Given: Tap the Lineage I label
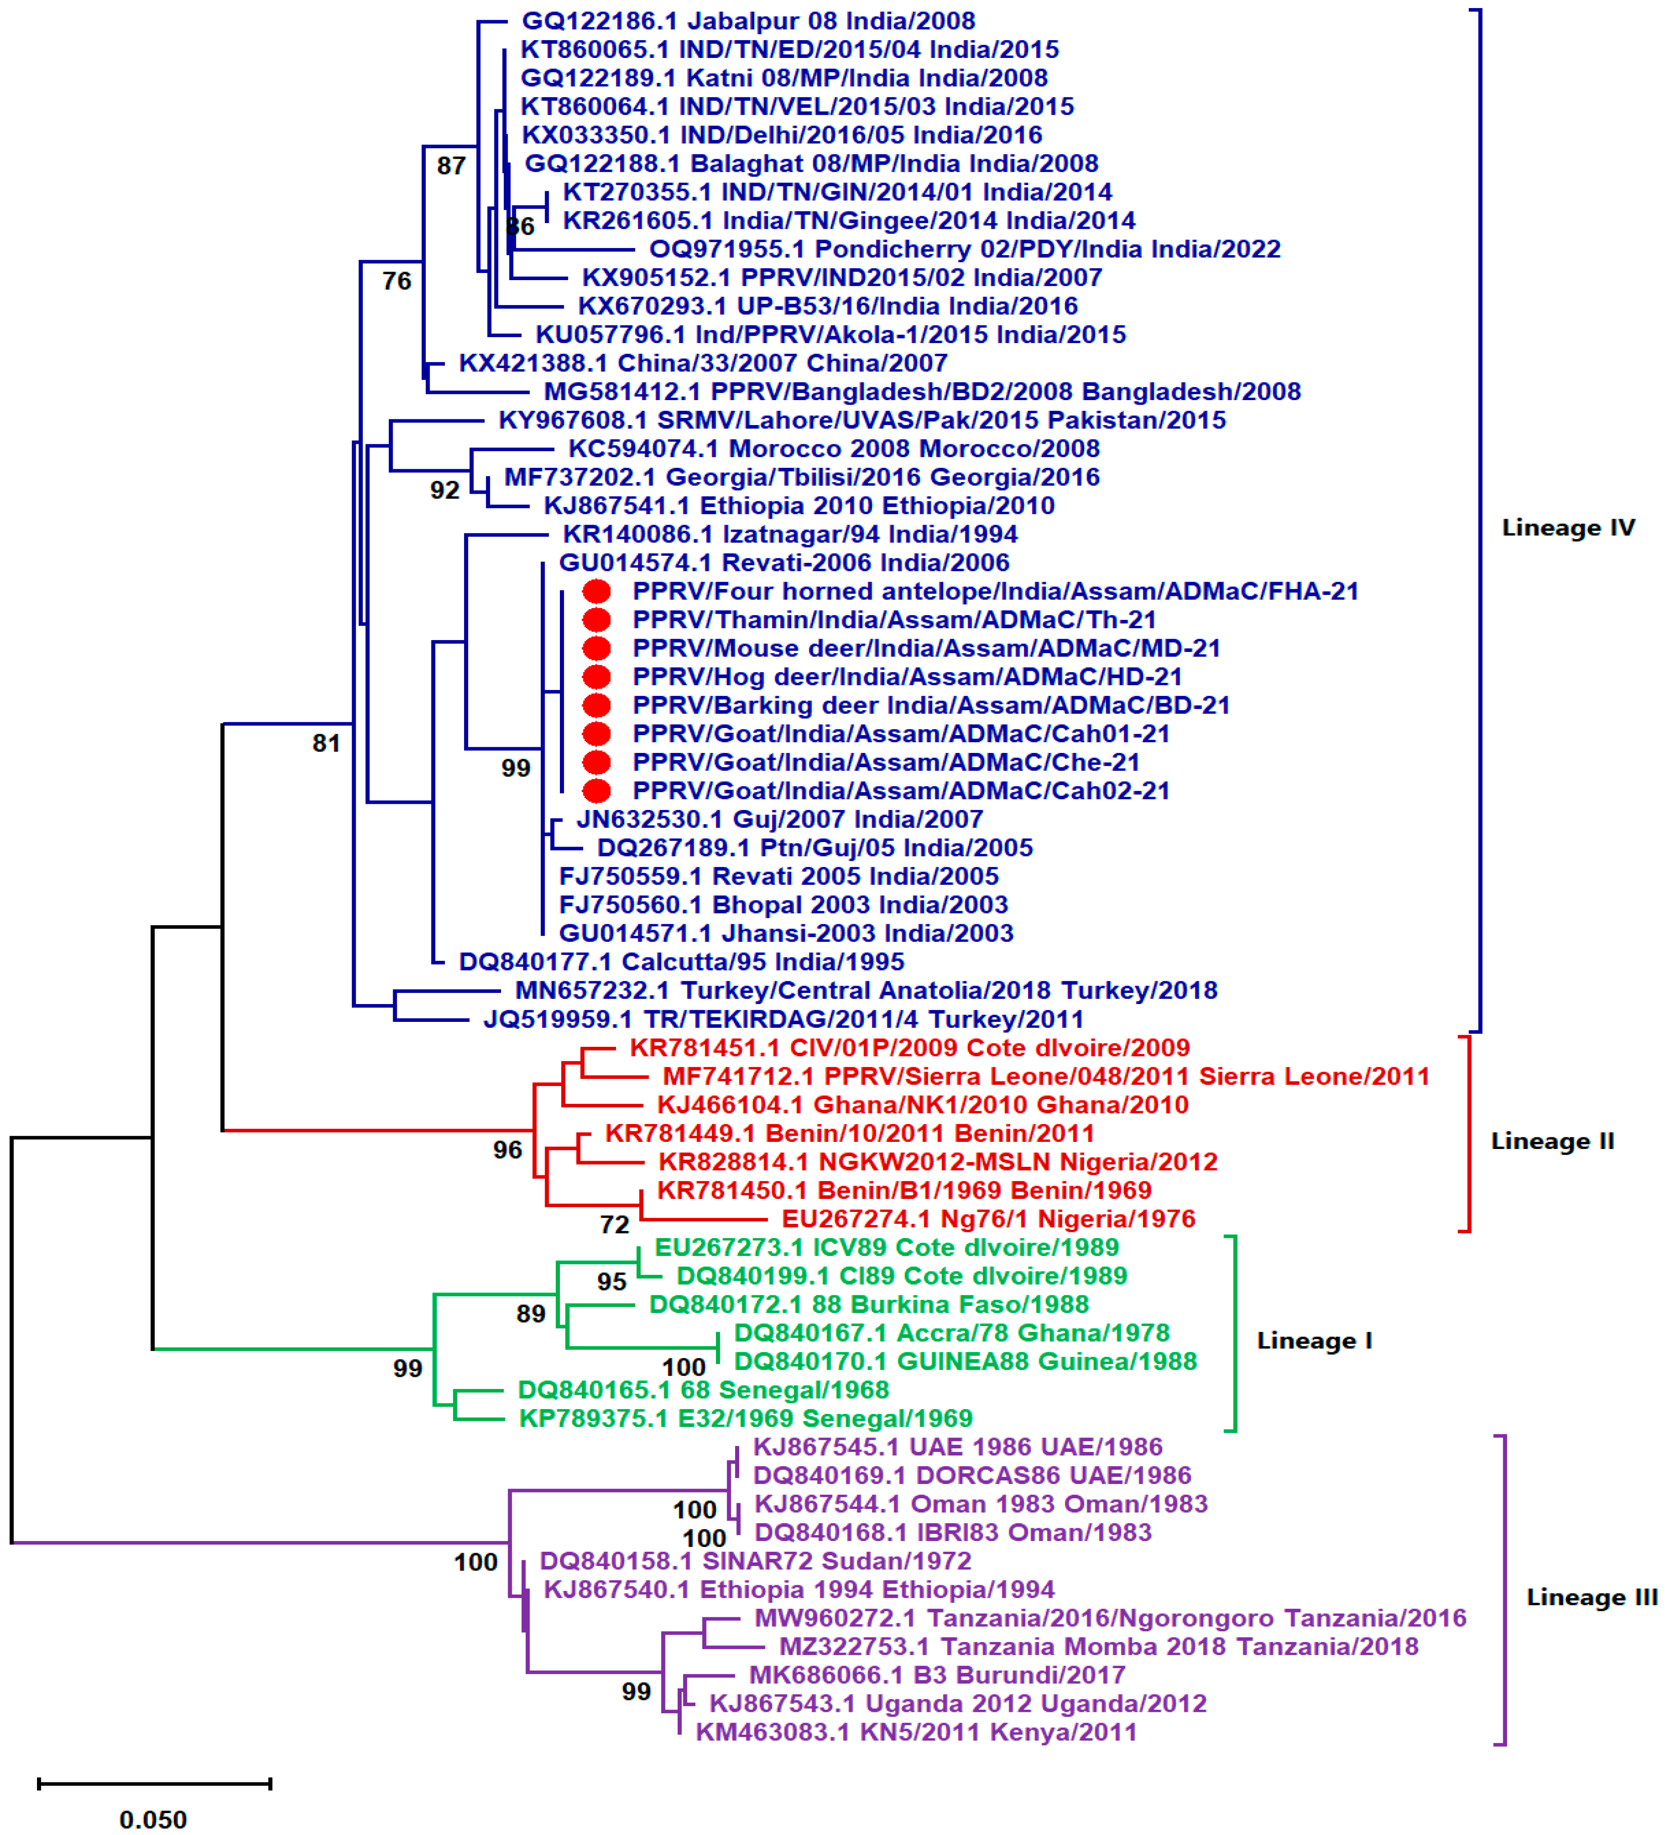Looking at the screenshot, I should coord(1314,1341).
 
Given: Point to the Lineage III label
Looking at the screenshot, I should coord(1591,1597).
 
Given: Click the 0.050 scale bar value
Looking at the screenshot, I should coord(153,1818).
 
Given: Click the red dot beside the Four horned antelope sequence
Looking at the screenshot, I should coord(596,591).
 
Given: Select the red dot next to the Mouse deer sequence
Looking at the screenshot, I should coord(596,648).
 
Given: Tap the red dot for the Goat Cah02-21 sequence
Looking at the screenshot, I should coord(596,791).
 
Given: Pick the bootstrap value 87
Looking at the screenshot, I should coord(451,165).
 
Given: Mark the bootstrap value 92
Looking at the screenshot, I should coord(445,491).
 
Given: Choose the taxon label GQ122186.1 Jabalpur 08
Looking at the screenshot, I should coord(748,21).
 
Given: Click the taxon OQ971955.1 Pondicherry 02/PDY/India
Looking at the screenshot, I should coord(964,249).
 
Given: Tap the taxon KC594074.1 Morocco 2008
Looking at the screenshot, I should coord(834,449).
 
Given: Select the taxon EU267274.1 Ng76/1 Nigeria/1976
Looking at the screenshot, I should coord(988,1219).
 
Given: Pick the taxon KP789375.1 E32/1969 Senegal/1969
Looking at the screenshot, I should coord(745,1418).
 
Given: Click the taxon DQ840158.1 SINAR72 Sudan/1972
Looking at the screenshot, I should coord(755,1561).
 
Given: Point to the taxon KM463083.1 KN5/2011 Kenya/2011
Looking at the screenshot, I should coord(916,1732).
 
